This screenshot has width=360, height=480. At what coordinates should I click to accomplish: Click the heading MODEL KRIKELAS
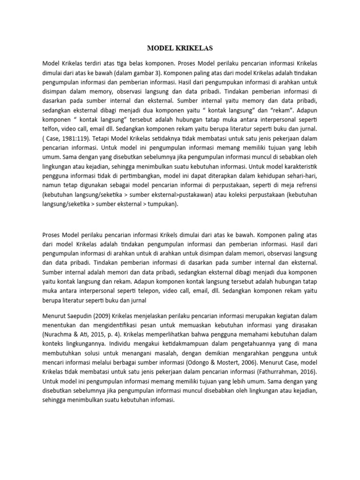(x=180, y=48)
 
